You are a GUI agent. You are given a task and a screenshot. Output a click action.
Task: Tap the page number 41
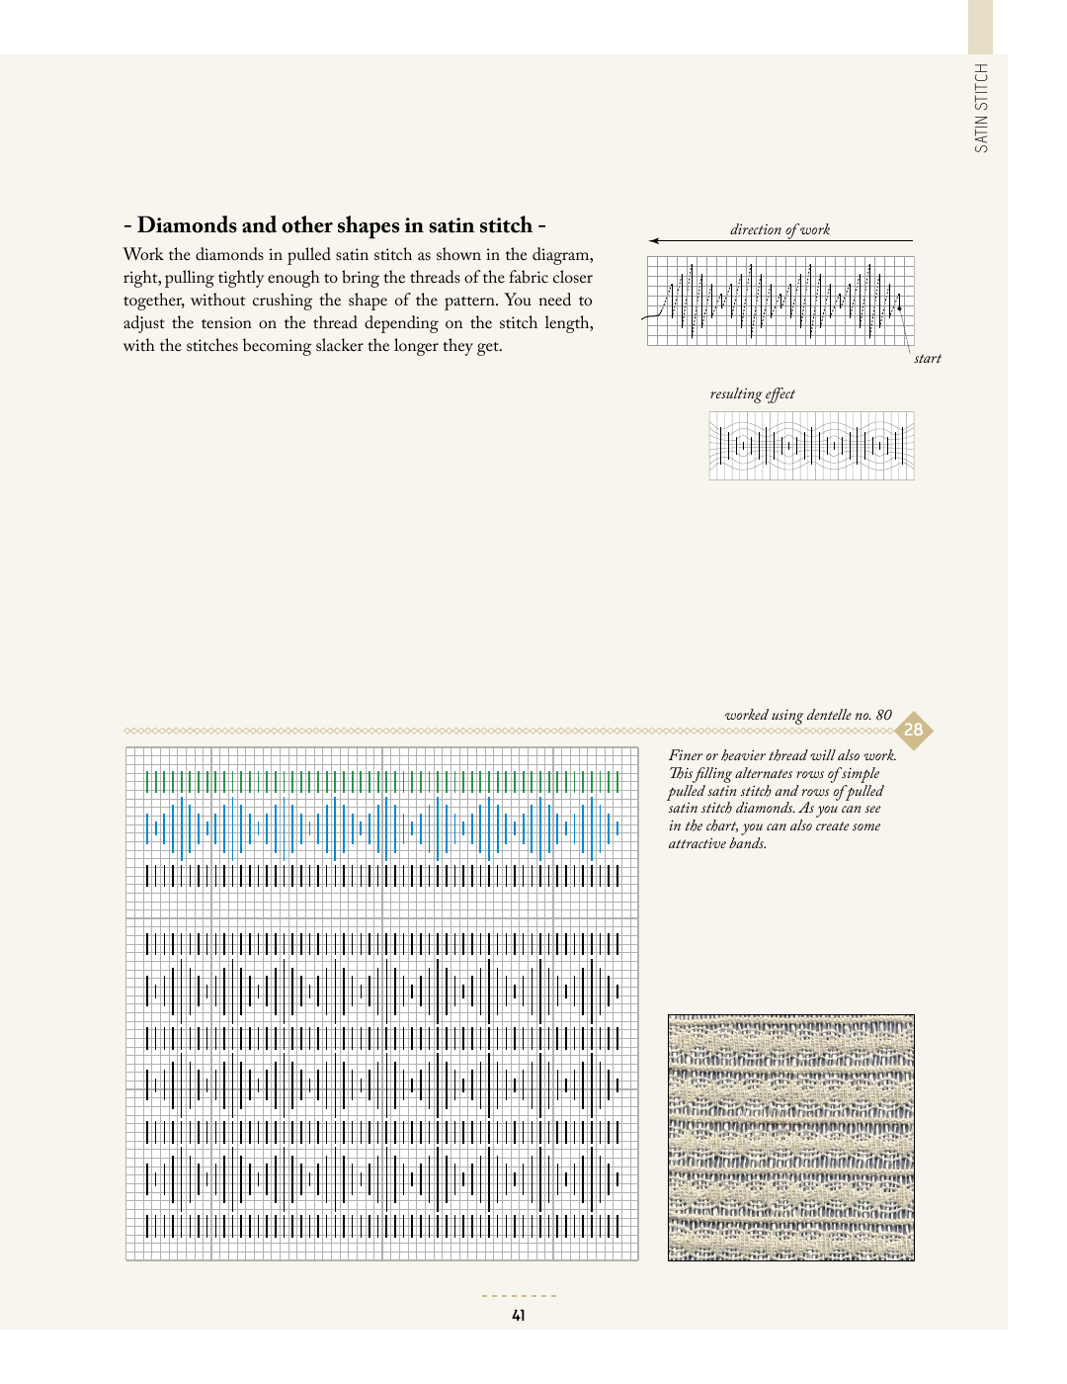pos(519,1315)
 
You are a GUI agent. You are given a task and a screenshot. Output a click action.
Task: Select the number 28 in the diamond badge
pos(914,731)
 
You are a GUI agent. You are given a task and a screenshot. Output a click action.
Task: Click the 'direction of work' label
pos(780,229)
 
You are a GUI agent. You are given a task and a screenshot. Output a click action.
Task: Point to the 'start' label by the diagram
pos(927,358)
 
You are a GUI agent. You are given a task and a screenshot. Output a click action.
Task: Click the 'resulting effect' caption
pos(752,393)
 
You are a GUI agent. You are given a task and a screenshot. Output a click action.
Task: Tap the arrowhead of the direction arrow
pos(654,240)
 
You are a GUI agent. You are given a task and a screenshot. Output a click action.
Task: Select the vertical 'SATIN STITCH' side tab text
pos(981,108)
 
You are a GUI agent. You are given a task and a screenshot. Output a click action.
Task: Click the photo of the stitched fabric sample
pos(790,1137)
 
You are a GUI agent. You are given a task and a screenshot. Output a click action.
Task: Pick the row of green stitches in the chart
pos(382,782)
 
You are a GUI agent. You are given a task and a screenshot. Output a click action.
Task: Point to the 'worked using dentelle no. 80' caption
pos(807,715)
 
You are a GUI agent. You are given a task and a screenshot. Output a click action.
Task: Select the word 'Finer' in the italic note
pos(685,755)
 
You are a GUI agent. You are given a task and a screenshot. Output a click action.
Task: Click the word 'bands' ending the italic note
pos(748,843)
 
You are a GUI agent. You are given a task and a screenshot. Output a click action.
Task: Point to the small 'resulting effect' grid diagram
pos(811,446)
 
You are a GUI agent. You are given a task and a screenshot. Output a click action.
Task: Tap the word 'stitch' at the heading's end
pos(505,225)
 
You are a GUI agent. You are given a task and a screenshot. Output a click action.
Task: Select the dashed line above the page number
pos(519,1295)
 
